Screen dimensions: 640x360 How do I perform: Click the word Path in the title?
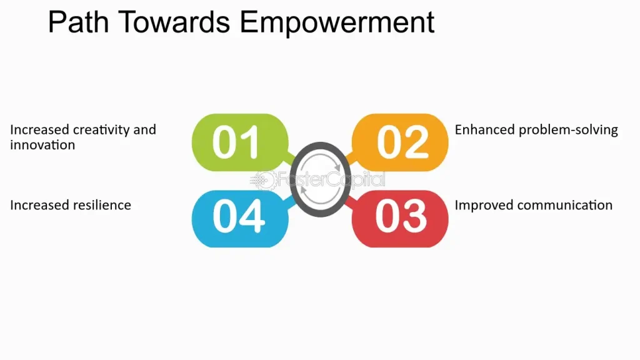[x=79, y=22]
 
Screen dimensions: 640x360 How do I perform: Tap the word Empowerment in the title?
[x=337, y=24]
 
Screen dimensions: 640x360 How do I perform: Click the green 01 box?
[x=240, y=142]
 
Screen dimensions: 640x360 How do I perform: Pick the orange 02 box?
[x=400, y=142]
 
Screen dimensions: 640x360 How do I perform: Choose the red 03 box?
[x=400, y=218]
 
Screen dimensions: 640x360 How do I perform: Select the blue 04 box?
[x=240, y=218]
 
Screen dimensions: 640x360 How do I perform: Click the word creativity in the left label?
[x=101, y=130]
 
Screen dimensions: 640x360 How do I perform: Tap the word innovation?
[x=42, y=145]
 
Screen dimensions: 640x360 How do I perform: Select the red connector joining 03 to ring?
[x=349, y=203]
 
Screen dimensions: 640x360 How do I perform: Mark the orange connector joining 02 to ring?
[x=349, y=158]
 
